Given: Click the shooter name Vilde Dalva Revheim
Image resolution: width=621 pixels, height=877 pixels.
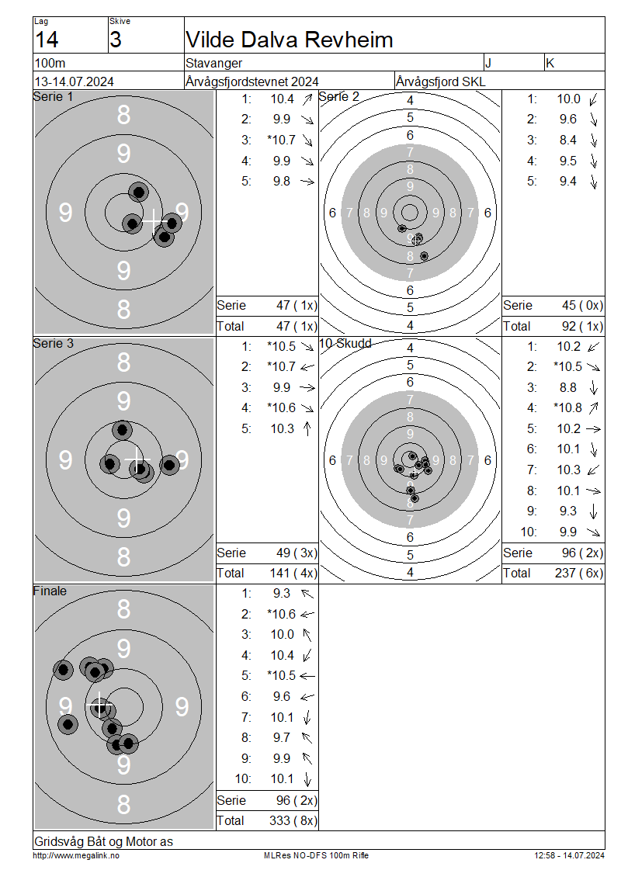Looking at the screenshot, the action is point(290,40).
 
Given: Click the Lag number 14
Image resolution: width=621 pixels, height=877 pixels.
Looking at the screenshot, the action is point(47,40).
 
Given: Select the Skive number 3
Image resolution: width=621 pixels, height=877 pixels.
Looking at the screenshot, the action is point(115,40).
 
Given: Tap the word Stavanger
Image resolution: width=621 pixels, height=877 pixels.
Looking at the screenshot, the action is point(213,63).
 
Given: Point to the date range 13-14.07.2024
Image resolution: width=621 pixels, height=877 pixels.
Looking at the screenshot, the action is point(75,81).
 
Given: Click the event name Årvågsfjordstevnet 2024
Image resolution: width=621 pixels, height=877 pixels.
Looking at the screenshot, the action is point(252,81).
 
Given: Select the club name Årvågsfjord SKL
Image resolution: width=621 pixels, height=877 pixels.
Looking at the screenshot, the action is point(441,81).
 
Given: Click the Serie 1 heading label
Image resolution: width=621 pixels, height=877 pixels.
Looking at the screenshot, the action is point(53,97).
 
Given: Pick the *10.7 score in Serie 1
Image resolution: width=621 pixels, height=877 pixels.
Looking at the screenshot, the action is point(282,140).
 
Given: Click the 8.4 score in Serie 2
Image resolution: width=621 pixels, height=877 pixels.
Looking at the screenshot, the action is point(568,140).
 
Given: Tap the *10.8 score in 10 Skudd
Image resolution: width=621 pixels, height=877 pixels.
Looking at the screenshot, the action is point(568,407).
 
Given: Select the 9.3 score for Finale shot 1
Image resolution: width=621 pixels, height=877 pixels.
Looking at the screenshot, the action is point(282,594).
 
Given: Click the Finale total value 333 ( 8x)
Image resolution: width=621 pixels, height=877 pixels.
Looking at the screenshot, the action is point(293,820).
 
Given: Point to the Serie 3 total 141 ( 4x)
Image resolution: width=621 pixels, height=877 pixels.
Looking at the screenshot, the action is point(293,574).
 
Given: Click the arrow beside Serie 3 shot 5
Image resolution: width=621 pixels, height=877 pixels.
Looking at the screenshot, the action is point(307,428).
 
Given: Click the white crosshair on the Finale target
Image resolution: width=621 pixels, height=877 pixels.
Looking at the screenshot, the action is point(99,705).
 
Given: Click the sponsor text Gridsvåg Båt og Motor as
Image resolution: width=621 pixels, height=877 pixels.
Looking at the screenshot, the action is point(103,841).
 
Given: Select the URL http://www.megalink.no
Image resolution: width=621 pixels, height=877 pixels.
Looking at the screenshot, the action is point(76,855).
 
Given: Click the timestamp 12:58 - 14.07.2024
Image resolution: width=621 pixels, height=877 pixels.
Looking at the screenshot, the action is point(569,855).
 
